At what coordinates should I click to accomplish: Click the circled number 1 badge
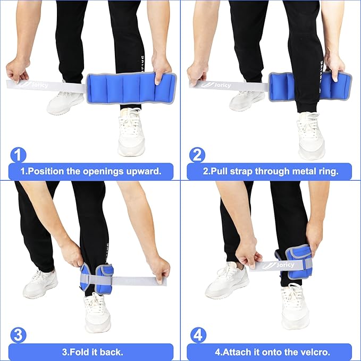(18, 155)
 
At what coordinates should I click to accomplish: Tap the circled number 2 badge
(197, 155)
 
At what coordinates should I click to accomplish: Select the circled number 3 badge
(18, 335)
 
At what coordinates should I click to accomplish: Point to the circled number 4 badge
(198, 335)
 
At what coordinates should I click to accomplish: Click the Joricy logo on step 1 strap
(36, 85)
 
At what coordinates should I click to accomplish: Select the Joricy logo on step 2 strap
(216, 85)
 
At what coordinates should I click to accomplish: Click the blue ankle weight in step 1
(131, 88)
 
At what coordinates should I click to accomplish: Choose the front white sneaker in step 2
(312, 136)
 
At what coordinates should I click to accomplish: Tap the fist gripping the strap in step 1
(17, 70)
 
